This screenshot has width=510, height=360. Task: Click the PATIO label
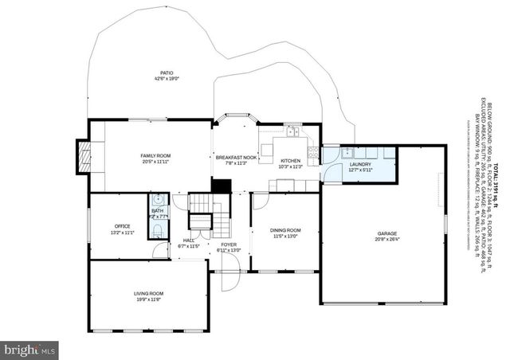[167, 72]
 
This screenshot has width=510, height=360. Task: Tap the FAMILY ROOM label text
[155, 155]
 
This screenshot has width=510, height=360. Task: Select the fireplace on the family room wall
[81, 156]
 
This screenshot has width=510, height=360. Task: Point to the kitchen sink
[292, 132]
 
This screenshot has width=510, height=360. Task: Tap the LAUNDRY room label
[360, 164]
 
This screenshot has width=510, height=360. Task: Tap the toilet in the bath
[159, 230]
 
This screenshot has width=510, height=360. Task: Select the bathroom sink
[158, 200]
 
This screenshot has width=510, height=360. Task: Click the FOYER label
[229, 244]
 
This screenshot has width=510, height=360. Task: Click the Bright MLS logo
[30, 349]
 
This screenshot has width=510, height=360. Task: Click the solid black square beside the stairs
[221, 186]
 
